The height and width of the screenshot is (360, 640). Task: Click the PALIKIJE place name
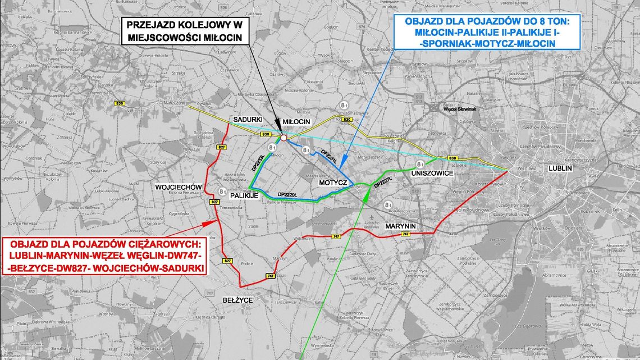(x=244, y=195)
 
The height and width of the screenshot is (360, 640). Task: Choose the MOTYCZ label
(x=332, y=183)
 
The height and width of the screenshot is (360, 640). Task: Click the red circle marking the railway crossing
(x=284, y=138)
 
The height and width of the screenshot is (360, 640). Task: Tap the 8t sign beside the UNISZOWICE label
(x=419, y=163)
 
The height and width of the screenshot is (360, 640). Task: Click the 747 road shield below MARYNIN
(x=405, y=234)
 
